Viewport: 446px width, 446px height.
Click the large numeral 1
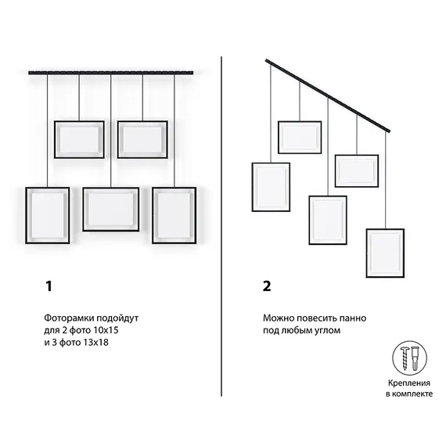click(x=49, y=286)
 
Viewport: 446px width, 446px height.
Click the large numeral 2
click(x=267, y=286)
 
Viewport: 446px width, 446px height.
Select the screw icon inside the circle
click(x=405, y=358)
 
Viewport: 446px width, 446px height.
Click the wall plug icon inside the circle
click(x=415, y=358)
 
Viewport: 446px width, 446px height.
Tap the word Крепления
click(x=408, y=383)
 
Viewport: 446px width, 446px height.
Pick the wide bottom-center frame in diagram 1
click(x=110, y=189)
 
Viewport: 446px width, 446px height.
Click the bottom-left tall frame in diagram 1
click(x=27, y=215)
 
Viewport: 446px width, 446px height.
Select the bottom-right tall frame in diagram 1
click(x=153, y=215)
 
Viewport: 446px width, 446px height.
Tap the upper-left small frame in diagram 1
click(x=79, y=122)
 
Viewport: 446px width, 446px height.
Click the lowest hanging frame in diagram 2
click(x=385, y=230)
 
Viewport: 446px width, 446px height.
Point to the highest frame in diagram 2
click(x=300, y=123)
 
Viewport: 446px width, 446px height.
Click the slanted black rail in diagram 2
click(x=328, y=95)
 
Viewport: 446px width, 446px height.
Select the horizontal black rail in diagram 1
click(x=110, y=73)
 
